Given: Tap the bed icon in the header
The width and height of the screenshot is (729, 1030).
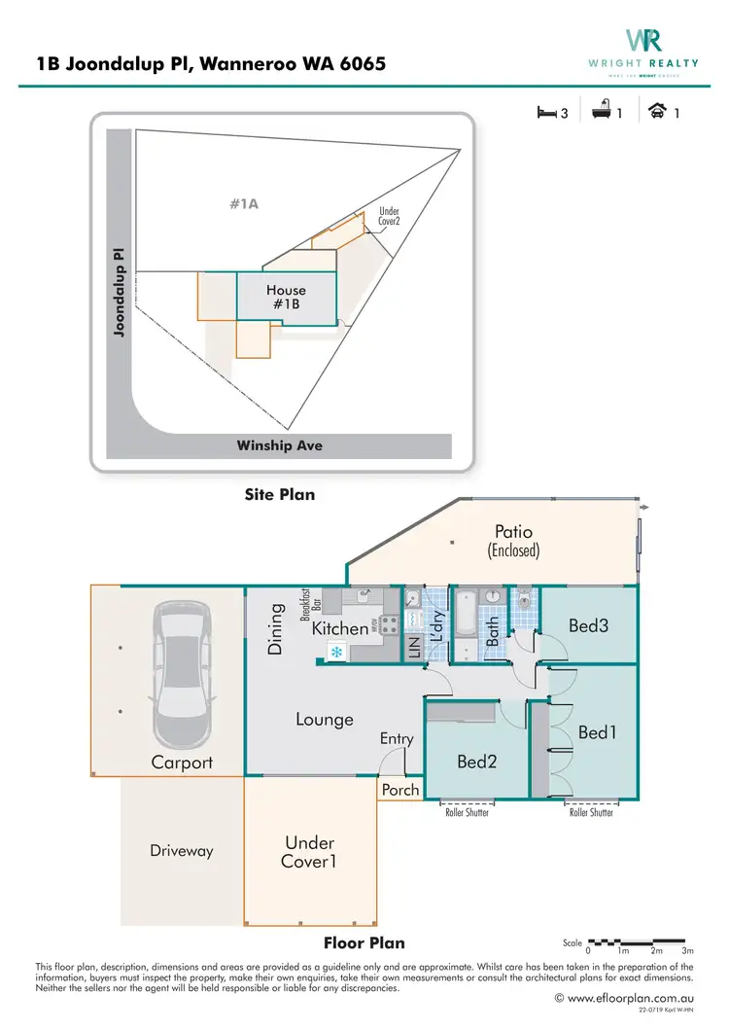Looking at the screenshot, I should click(545, 113).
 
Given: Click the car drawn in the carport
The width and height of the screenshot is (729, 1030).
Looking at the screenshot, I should click(183, 673).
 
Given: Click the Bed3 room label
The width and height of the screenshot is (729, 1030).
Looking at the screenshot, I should click(588, 625).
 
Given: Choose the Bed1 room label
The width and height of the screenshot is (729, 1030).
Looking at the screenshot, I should click(597, 732).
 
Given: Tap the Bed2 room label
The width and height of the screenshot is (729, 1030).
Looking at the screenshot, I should click(477, 762).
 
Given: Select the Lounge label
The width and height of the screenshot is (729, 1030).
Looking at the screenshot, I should click(325, 720).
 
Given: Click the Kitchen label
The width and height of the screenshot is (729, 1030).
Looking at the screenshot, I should click(340, 628).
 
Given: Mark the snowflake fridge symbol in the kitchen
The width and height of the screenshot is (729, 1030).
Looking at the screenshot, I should click(337, 652).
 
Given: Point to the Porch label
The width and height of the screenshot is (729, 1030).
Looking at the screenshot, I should click(400, 790).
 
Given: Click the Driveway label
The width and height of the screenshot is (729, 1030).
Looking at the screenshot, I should click(181, 851).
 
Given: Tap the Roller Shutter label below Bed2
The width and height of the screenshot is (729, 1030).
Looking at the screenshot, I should click(467, 812).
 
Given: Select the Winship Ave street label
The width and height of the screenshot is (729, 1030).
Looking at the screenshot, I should click(280, 446).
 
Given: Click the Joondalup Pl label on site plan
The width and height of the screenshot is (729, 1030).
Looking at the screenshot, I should click(120, 291).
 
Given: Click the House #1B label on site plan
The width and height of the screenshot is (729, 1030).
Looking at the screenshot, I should click(286, 297).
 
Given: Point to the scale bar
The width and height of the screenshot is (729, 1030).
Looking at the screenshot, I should click(642, 942).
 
